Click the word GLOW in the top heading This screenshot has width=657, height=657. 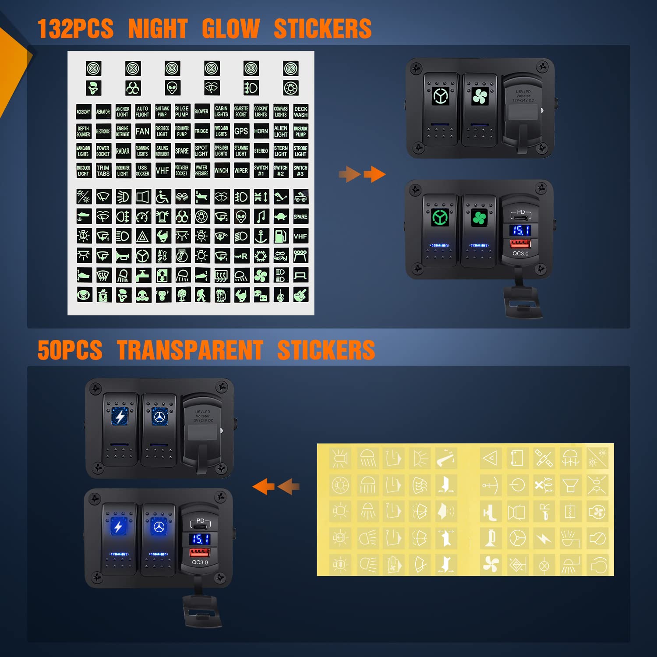(231, 29)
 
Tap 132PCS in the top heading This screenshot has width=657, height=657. (75, 29)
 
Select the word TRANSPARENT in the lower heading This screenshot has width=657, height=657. (190, 350)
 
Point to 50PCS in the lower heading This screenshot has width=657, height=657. (70, 350)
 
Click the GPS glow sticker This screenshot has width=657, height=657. (241, 131)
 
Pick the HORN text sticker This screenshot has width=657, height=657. (261, 131)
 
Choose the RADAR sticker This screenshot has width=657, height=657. (123, 151)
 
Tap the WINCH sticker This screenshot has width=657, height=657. (221, 170)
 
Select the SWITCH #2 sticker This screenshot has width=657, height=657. (281, 170)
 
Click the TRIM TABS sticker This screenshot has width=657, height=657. (103, 170)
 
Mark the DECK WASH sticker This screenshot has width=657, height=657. (300, 112)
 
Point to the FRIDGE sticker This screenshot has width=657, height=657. (201, 131)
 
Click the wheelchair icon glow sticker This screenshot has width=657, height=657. (162, 197)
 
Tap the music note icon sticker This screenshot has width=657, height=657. (261, 216)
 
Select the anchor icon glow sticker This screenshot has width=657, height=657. (261, 236)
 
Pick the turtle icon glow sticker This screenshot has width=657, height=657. (281, 216)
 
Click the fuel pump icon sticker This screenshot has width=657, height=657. (281, 236)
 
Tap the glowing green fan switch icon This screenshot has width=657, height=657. (479, 218)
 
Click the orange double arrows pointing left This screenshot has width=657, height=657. (276, 486)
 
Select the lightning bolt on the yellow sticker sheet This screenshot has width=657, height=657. (544, 538)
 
